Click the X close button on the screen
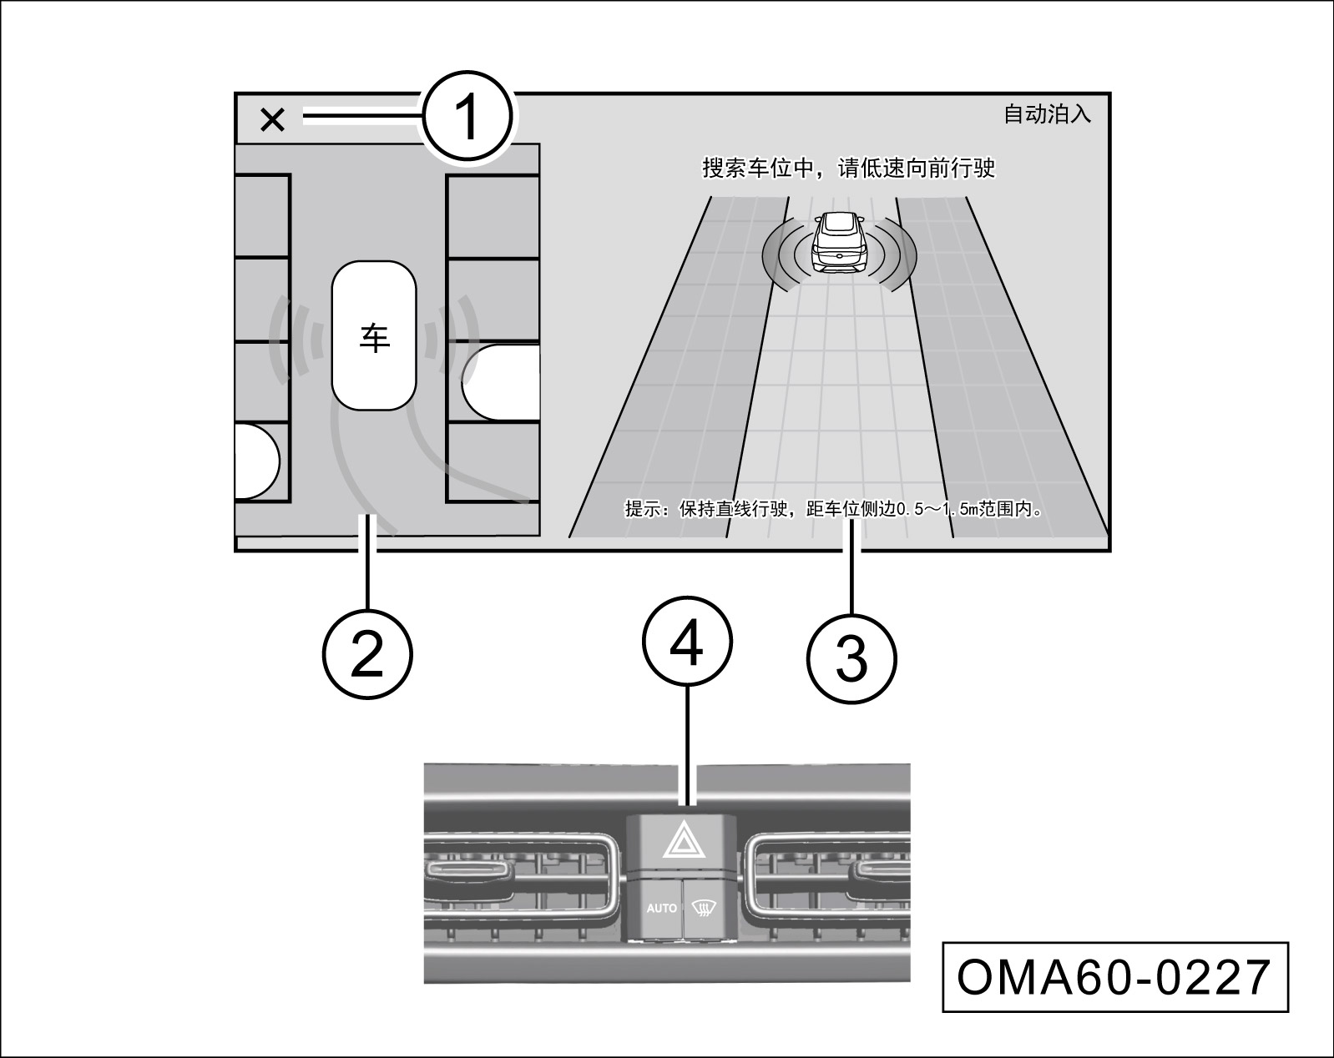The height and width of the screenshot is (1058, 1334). pyautogui.click(x=272, y=120)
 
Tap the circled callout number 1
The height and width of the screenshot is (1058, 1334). pyautogui.click(x=467, y=117)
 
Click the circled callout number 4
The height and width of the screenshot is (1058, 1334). pyautogui.click(x=686, y=642)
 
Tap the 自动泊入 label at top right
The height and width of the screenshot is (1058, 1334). pyautogui.click(x=1047, y=114)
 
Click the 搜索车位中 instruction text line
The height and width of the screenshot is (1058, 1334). pyautogui.click(x=848, y=169)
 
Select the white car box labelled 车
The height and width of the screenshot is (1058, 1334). pyautogui.click(x=374, y=335)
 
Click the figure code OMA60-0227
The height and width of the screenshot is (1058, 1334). pyautogui.click(x=1114, y=977)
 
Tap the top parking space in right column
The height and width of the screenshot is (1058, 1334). pyautogui.click(x=493, y=216)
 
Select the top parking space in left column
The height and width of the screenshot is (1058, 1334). pyautogui.click(x=262, y=216)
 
